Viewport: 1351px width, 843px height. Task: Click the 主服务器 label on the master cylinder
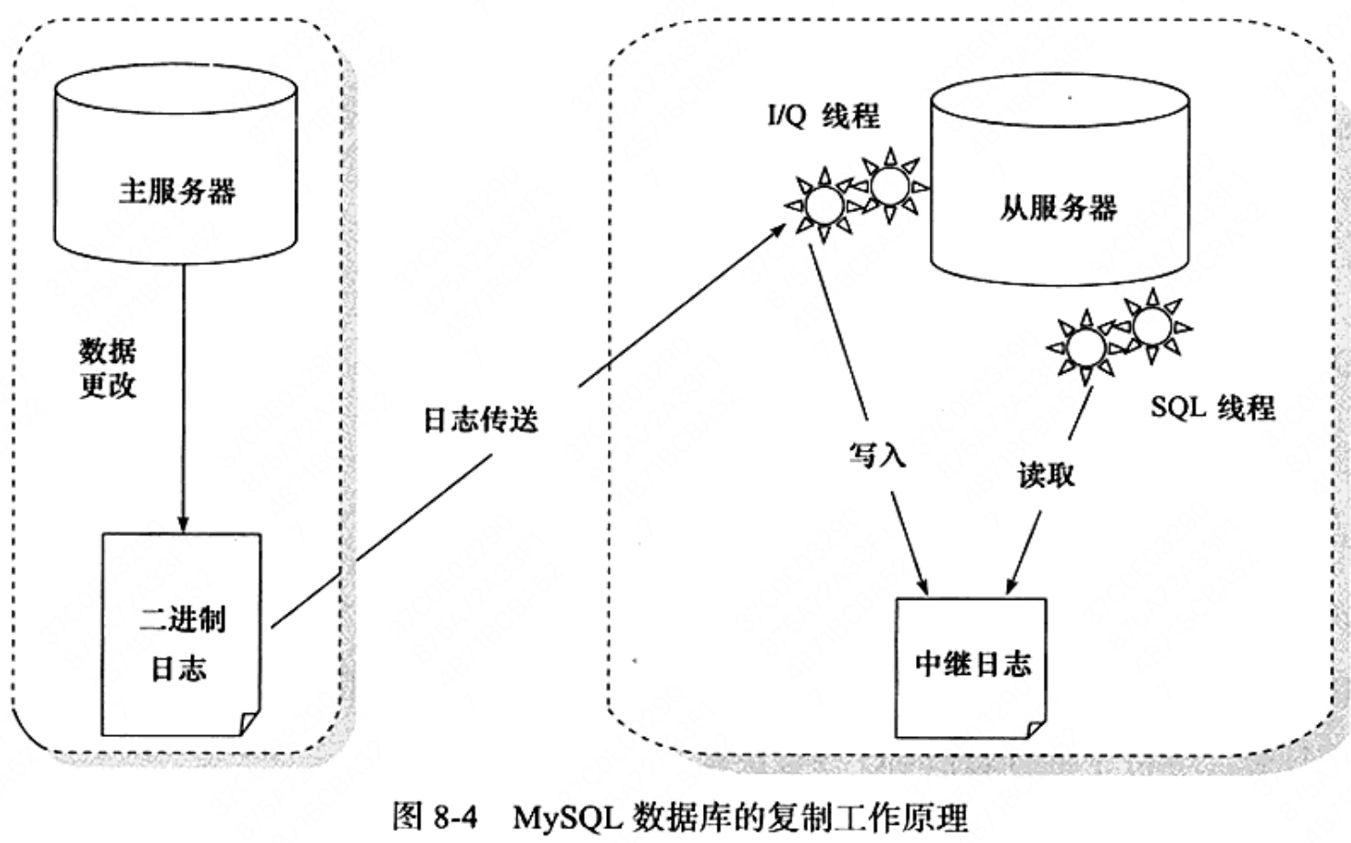pyautogui.click(x=176, y=192)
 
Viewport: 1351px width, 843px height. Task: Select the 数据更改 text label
pyautogui.click(x=108, y=368)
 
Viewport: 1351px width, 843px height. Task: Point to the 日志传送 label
pyautogui.click(x=481, y=420)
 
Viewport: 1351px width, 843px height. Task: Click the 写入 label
pyautogui.click(x=878, y=454)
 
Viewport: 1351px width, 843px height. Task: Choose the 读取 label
pyautogui.click(x=1047, y=475)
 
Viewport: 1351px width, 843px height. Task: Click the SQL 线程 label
pyautogui.click(x=1213, y=407)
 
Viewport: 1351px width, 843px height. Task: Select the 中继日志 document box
pyautogui.click(x=971, y=667)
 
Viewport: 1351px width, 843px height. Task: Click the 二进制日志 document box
pyautogui.click(x=182, y=635)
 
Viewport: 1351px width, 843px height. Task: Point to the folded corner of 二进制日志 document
pyautogui.click(x=250, y=724)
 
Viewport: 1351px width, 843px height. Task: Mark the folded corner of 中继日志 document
pyautogui.click(x=1037, y=729)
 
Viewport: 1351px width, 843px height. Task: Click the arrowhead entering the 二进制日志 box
pyautogui.click(x=184, y=524)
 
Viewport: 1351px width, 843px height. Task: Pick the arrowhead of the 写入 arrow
pyautogui.click(x=921, y=585)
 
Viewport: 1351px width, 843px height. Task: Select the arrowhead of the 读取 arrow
pyautogui.click(x=1012, y=585)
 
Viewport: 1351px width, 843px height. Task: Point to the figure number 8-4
pyautogui.click(x=455, y=817)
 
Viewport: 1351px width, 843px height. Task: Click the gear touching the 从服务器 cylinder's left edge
pyautogui.click(x=890, y=186)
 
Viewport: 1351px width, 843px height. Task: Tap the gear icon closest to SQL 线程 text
pyautogui.click(x=1153, y=326)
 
